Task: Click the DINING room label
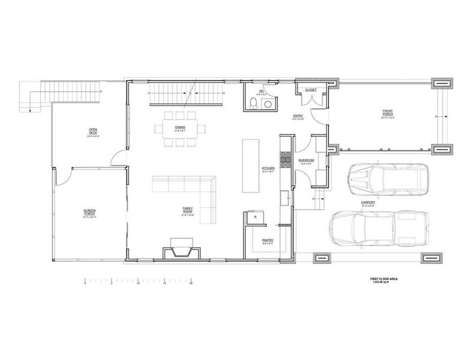pos(180,128)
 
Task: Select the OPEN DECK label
pos(93,131)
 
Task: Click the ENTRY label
pos(298,116)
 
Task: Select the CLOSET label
pos(311,90)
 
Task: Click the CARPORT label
pos(368,203)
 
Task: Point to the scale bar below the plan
pos(139,281)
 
